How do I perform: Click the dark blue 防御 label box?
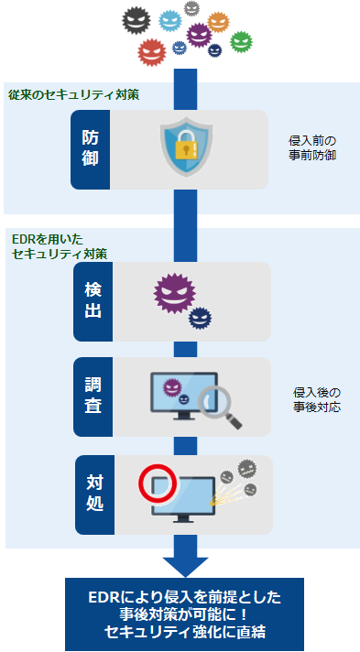click(x=93, y=149)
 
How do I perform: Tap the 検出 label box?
click(x=93, y=301)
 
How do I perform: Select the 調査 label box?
click(x=93, y=397)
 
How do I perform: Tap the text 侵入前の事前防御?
click(x=312, y=148)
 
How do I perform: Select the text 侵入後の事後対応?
click(x=316, y=398)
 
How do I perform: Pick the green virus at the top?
click(x=240, y=41)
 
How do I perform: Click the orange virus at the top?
click(x=218, y=20)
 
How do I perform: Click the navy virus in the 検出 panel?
click(x=200, y=317)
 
